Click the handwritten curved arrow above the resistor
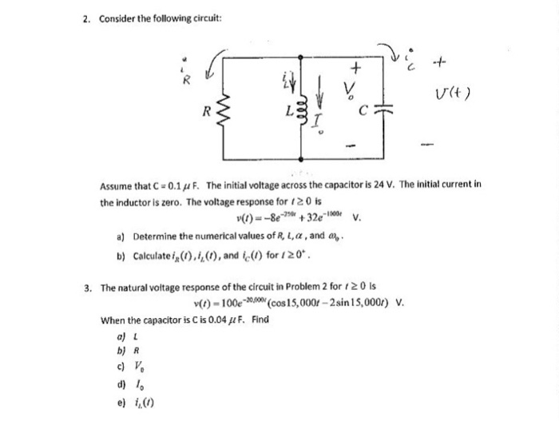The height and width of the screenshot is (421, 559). click(x=216, y=66)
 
